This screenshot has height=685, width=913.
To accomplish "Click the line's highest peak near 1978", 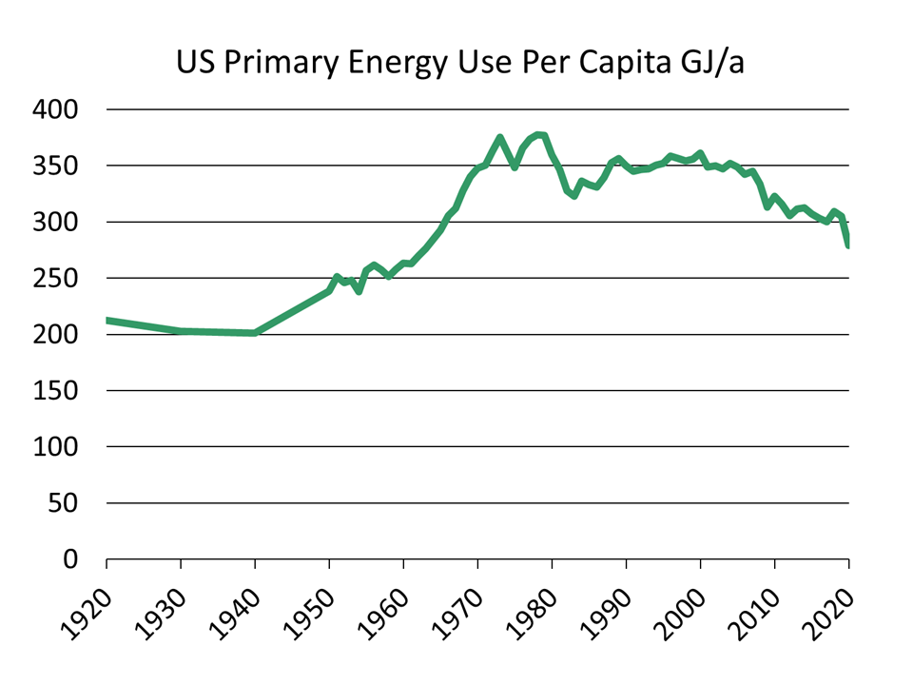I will (x=539, y=135).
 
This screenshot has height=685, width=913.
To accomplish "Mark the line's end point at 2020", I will (x=847, y=245).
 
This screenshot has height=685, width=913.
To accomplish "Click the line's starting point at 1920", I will (x=107, y=321).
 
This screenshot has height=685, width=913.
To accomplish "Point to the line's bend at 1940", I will (x=255, y=333).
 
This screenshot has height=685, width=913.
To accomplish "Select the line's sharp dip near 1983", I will (x=574, y=196).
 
